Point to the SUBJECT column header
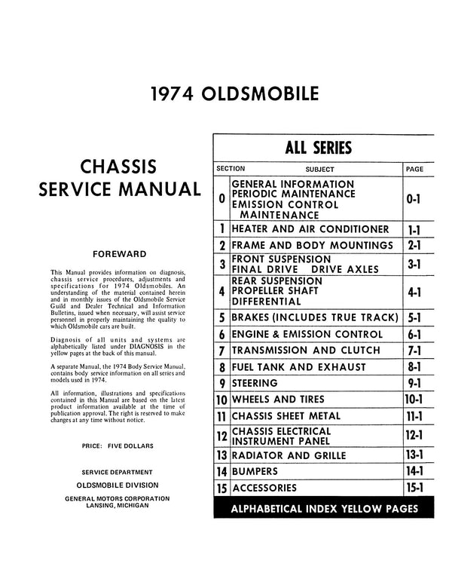[320, 170]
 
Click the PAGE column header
[415, 170]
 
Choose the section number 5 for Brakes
[221, 317]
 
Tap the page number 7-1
[414, 351]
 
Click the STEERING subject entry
[258, 383]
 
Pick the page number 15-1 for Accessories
[414, 488]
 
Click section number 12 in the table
[221, 436]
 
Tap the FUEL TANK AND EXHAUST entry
[299, 367]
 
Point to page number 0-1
[414, 199]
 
